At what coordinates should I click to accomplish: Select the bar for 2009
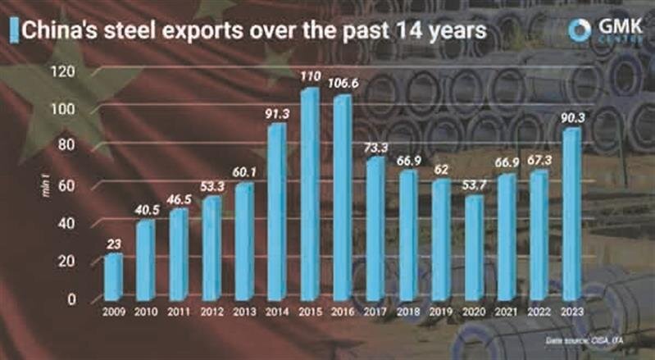point(113,276)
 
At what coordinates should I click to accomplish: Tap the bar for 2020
point(473,247)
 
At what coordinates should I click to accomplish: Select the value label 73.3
point(375,148)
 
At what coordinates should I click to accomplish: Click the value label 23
point(113,244)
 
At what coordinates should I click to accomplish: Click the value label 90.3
point(571,117)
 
